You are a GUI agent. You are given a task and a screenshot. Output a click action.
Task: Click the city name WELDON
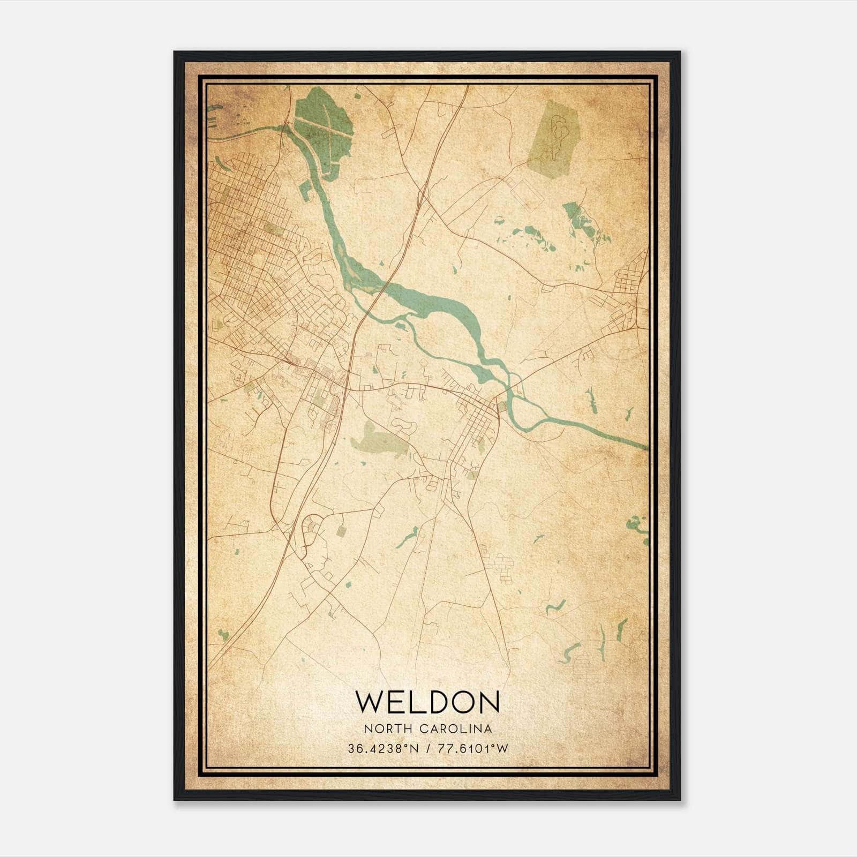click(x=427, y=702)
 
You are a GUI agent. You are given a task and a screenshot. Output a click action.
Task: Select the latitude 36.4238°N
click(x=382, y=748)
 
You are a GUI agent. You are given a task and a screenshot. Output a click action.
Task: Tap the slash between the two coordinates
click(x=427, y=748)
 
